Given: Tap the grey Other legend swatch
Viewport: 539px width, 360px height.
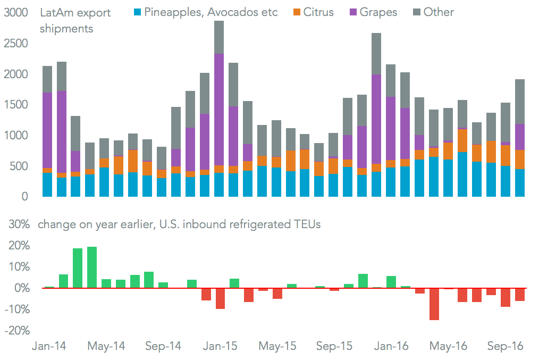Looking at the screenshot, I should click(x=415, y=12).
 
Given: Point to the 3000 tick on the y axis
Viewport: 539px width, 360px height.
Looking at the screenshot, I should click(x=15, y=13).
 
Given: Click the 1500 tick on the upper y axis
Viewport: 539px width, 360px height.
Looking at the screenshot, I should click(x=15, y=105).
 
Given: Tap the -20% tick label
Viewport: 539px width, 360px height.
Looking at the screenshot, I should click(x=16, y=331).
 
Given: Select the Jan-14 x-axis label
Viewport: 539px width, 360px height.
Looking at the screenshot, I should click(x=48, y=346).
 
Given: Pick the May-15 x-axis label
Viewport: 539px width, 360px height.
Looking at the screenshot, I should click(x=277, y=346).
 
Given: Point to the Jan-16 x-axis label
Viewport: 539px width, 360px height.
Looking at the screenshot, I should click(x=391, y=346).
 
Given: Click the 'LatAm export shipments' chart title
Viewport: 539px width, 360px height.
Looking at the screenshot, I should click(x=75, y=20).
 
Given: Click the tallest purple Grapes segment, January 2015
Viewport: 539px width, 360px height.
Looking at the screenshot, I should click(x=218, y=109).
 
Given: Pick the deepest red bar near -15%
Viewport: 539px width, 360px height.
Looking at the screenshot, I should click(x=434, y=304).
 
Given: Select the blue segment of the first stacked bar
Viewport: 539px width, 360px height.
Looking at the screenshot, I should click(x=47, y=185).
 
